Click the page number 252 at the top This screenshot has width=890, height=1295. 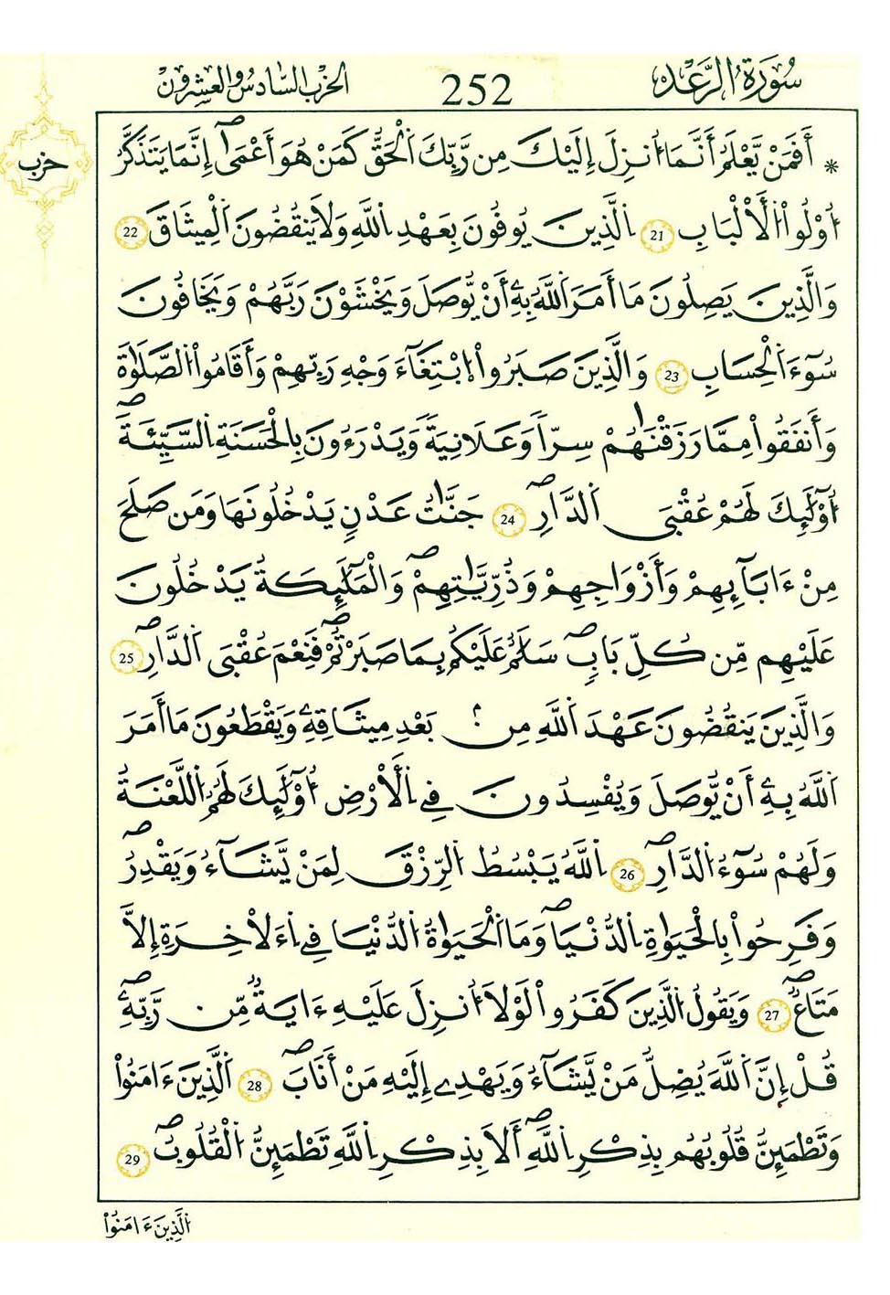[476, 90]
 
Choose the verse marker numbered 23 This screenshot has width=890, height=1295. [672, 377]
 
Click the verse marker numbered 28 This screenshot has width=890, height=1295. [254, 1085]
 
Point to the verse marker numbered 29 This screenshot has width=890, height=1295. [132, 1159]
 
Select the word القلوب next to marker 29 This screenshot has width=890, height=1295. [195, 1153]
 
